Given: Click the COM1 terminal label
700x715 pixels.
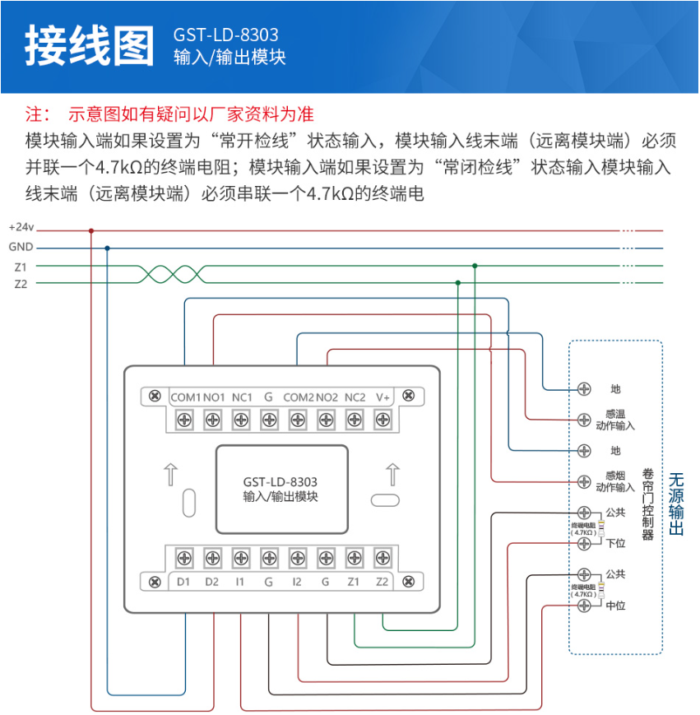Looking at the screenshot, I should tap(185, 397).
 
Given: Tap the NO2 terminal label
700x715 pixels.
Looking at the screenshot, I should tap(327, 397).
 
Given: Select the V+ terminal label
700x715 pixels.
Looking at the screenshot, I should tap(382, 397).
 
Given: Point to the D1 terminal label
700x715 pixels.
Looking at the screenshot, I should tap(184, 583).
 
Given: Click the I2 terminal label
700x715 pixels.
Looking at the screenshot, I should tap(297, 583).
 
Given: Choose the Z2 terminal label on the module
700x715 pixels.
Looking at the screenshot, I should tap(382, 583).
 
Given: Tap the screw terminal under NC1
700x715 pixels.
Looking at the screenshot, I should tap(241, 420).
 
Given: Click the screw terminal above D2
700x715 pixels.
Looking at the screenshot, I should tap(212, 559).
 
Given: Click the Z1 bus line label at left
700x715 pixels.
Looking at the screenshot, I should tap(21, 267).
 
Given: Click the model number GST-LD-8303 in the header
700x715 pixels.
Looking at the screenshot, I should tap(226, 35).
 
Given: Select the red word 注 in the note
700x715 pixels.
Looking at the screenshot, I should tap(34, 113).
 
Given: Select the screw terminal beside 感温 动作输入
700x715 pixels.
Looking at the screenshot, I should tap(584, 419).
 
